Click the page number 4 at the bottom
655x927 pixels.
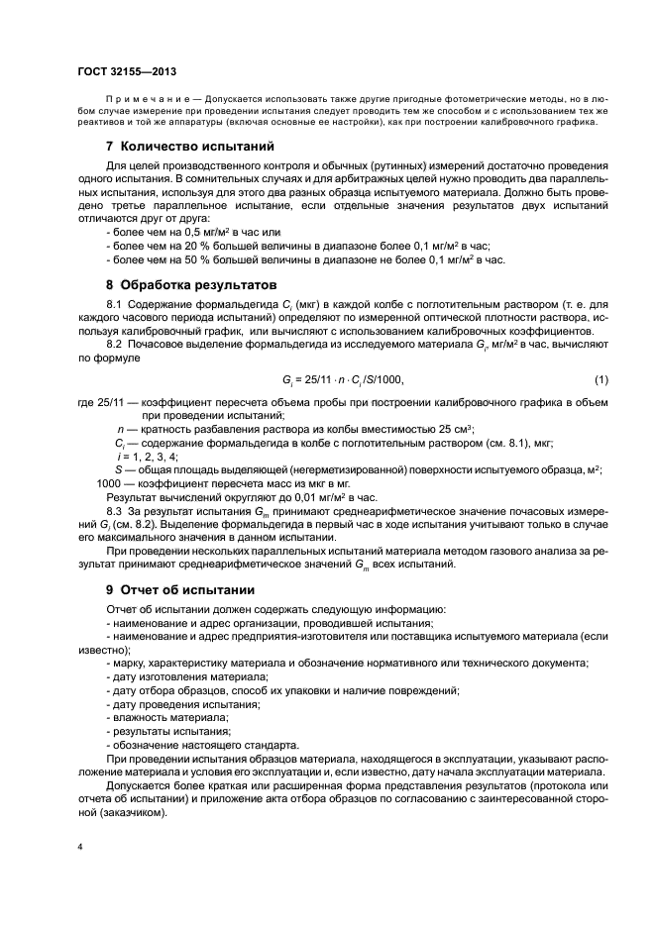80,847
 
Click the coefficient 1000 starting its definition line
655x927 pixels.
109,481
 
